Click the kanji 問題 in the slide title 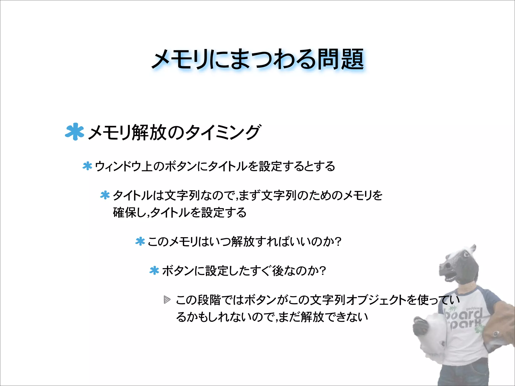coord(340,59)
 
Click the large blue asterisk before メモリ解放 coord(74,131)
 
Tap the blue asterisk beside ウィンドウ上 coord(87,166)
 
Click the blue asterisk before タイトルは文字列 coord(105,195)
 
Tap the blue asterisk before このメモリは coord(140,242)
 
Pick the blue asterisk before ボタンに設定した coord(154,271)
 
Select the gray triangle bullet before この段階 coord(167,300)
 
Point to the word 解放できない coord(334,317)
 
